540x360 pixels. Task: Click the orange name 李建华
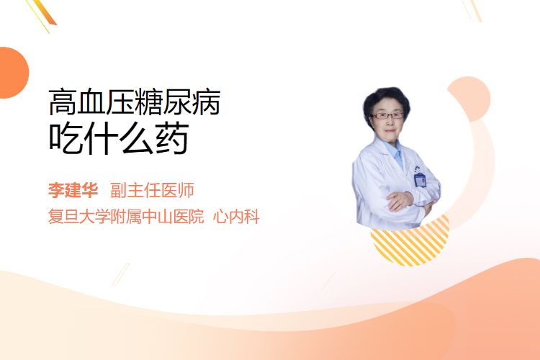[73, 190]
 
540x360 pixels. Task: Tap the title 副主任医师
[152, 190]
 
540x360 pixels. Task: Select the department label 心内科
[236, 217]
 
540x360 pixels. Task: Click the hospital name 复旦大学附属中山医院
[126, 217]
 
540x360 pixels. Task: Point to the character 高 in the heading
[62, 102]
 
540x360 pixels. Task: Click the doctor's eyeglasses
[387, 115]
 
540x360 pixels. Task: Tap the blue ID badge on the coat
[420, 179]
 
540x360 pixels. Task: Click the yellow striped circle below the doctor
[410, 241]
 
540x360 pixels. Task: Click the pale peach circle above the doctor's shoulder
[469, 98]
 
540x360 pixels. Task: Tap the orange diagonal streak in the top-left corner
[44, 13]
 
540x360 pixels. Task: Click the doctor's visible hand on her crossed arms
[399, 200]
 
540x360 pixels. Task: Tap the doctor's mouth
[390, 131]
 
